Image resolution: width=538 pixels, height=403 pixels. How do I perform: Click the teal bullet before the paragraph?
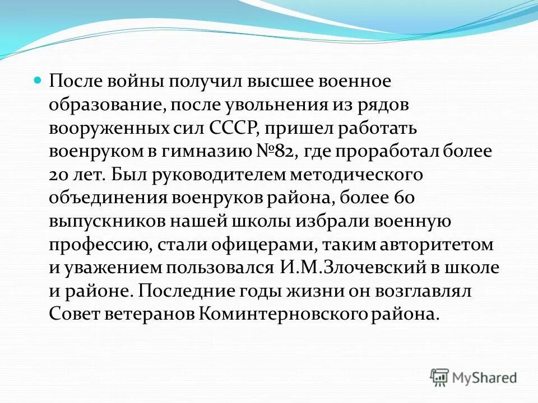point(39,81)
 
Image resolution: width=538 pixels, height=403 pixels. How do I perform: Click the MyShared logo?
point(474,377)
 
